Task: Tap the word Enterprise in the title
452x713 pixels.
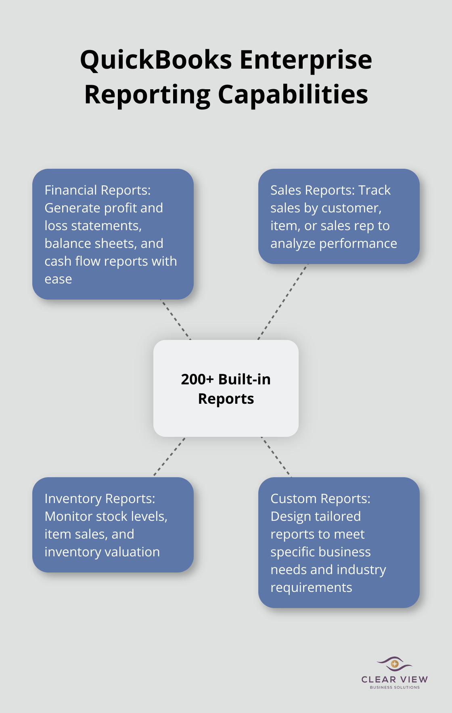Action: coord(306,60)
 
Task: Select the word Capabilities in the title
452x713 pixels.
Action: coord(293,95)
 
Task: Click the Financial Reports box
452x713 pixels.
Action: coord(113,234)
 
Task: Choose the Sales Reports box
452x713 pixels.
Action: coord(339,216)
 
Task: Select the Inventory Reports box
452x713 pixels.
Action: coord(113,525)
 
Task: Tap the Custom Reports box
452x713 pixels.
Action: coord(339,542)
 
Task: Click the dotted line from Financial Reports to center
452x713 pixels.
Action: coord(176,319)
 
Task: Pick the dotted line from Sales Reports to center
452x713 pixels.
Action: coord(282,302)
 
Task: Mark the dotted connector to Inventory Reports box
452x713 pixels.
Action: coord(169,457)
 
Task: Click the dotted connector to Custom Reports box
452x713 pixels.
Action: coord(276,457)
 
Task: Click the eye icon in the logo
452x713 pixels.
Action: coord(394,663)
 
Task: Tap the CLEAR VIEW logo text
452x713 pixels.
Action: coord(394,679)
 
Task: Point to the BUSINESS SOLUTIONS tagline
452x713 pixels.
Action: coord(395,687)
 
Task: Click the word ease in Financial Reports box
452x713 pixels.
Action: coord(58,279)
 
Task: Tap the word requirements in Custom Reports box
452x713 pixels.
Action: coord(311,588)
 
